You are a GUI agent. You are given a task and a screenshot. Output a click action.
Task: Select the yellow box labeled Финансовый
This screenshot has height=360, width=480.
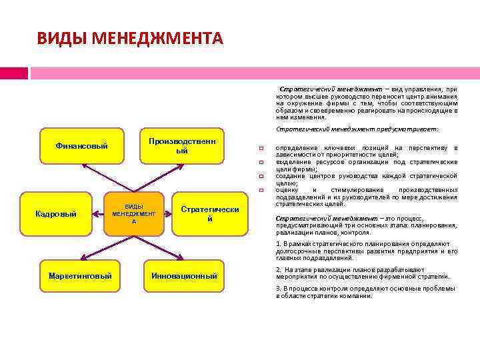[x=81, y=146]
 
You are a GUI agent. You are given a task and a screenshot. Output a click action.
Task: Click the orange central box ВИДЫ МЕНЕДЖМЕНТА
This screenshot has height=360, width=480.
[x=134, y=213]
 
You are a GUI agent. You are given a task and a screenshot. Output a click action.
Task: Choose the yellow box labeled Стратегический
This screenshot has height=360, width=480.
[x=209, y=214]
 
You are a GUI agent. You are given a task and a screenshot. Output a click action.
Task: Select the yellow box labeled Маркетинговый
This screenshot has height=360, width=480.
[x=80, y=275]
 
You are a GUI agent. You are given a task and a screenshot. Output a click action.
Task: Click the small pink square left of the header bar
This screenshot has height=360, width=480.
[x=14, y=73]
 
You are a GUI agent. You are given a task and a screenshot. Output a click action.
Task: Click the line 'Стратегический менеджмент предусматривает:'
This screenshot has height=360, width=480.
[x=357, y=129]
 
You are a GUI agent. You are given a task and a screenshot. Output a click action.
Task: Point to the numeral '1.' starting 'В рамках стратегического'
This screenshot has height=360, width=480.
[x=279, y=244]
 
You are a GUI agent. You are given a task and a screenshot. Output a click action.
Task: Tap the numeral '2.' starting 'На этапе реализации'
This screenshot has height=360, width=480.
[x=279, y=269]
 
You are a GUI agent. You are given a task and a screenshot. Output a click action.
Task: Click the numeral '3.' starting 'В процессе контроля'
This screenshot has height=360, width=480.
[x=279, y=289]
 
